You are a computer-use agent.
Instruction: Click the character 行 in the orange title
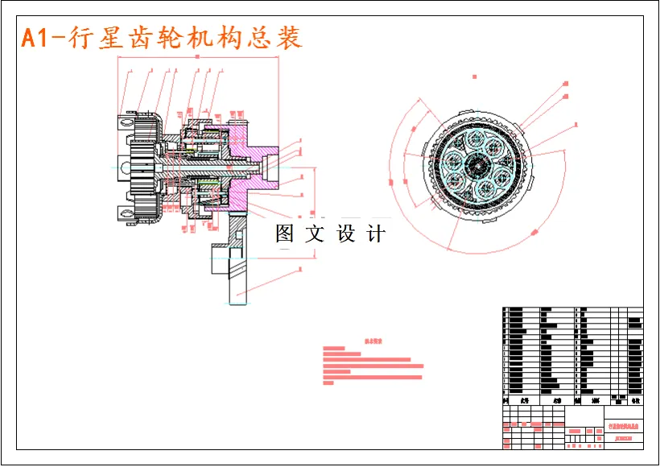(80, 37)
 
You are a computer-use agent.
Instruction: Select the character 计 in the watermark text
(376, 234)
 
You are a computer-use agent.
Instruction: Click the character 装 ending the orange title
(289, 37)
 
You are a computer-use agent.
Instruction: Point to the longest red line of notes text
(373, 366)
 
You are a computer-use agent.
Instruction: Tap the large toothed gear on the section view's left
(142, 167)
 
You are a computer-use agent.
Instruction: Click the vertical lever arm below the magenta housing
(237, 266)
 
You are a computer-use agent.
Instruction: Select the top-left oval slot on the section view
(126, 122)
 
